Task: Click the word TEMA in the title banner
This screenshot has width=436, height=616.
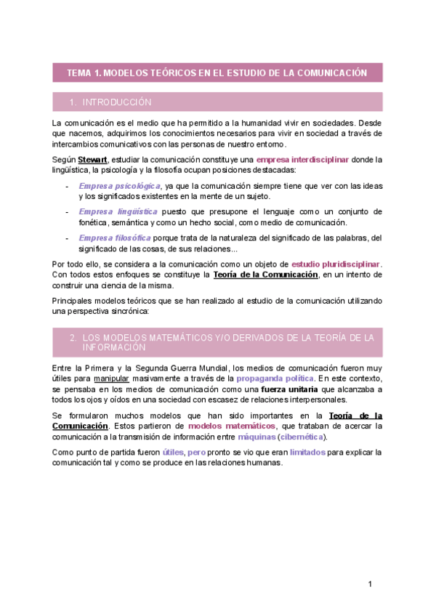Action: [78, 73]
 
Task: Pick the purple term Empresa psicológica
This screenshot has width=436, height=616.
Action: [119, 186]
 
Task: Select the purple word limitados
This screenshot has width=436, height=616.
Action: [308, 452]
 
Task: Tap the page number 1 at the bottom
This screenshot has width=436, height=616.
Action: [370, 584]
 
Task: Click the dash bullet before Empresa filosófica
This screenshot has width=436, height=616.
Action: [67, 238]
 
